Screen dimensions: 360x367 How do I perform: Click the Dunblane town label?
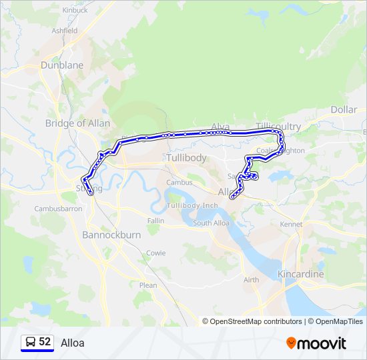point(62,65)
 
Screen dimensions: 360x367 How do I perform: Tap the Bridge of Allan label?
point(77,123)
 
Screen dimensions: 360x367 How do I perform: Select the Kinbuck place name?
point(75,11)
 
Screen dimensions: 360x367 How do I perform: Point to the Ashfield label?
point(65,31)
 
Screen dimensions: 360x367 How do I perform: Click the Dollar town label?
point(344,109)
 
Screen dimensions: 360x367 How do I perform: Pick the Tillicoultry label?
point(278,127)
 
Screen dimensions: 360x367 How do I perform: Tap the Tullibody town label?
point(186,158)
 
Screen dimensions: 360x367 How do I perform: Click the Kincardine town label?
point(300,274)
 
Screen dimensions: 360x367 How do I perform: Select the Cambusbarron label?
point(58,209)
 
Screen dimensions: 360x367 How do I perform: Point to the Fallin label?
point(155,220)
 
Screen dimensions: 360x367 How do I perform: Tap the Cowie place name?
point(155,253)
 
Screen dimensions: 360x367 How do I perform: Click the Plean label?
point(148,285)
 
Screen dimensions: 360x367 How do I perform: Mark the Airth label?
point(252,280)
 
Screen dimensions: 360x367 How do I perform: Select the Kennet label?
point(291,224)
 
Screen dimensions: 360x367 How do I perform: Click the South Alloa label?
point(212,223)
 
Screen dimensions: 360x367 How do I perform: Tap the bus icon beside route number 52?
point(30,342)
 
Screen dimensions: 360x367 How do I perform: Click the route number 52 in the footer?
point(45,342)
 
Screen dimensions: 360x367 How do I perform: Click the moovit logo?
point(316,343)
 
